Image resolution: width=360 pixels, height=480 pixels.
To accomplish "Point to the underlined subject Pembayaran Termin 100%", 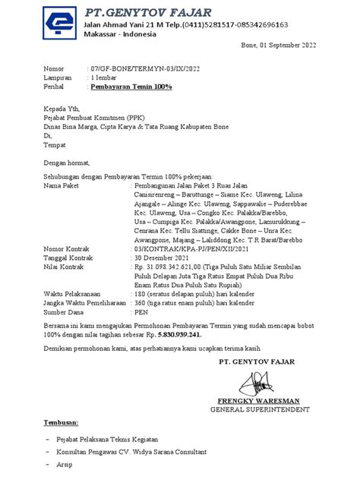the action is pyautogui.click(x=131, y=87).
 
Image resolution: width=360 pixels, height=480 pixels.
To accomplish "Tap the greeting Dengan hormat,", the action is pyautogui.click(x=67, y=162).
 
